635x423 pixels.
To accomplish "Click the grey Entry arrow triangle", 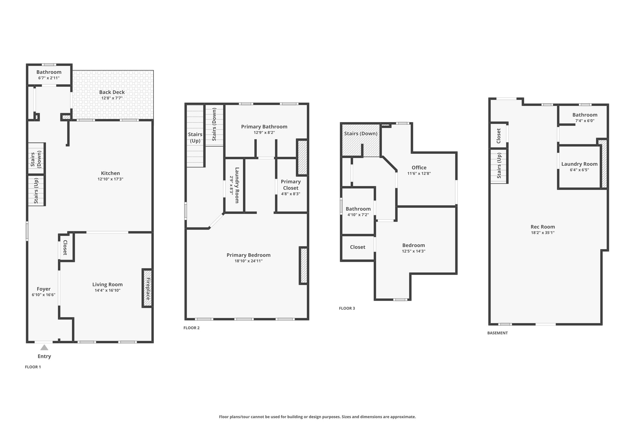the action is [x=44, y=347].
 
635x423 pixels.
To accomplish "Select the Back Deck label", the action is [x=112, y=92].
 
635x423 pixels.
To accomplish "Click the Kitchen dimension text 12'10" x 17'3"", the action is [x=110, y=179].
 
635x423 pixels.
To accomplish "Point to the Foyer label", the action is [x=44, y=289].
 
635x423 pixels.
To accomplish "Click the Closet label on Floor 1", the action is [x=65, y=248].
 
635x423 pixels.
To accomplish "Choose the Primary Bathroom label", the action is [x=264, y=126].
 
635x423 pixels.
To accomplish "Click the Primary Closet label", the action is [x=291, y=185].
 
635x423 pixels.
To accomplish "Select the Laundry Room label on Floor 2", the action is [x=237, y=185].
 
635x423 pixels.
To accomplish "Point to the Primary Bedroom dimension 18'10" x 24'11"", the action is [x=249, y=261].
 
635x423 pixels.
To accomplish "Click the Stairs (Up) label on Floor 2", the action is [x=195, y=138].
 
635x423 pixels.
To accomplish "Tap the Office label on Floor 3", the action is [x=419, y=168].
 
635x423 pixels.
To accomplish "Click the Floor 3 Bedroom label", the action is [x=414, y=245].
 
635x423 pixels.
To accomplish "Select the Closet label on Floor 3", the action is [x=357, y=247].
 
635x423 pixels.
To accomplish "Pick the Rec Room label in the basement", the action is [x=543, y=227].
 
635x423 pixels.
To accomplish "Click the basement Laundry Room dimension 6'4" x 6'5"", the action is [x=579, y=170].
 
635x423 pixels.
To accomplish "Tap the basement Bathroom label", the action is [x=585, y=115].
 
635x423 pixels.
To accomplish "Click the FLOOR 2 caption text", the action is [x=192, y=328].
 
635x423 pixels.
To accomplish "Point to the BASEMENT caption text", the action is [x=498, y=333].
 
